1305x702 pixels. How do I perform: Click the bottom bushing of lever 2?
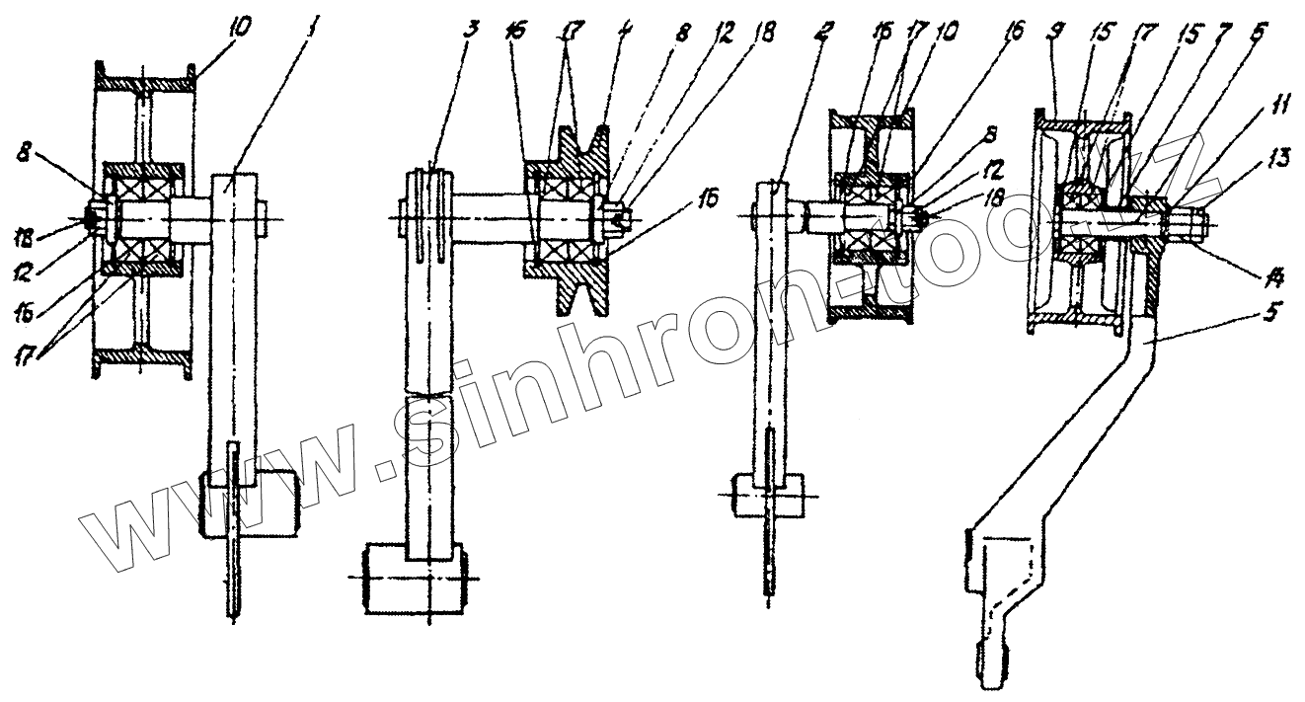766,494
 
